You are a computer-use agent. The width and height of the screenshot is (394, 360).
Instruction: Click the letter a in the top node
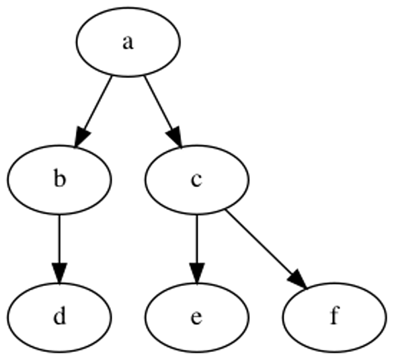(x=128, y=43)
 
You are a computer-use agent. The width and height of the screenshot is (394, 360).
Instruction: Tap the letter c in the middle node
(x=196, y=180)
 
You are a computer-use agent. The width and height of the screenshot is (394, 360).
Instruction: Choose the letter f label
(x=334, y=315)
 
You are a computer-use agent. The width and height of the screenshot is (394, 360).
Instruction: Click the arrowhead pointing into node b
(x=81, y=137)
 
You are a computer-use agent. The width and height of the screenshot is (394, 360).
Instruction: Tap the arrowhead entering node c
(x=175, y=137)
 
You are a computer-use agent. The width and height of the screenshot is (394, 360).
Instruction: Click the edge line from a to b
(x=97, y=104)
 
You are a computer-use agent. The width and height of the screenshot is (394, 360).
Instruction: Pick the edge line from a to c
(x=159, y=104)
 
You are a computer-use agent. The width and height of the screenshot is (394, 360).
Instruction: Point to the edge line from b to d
(x=59, y=239)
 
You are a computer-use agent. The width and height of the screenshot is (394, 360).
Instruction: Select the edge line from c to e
(x=197, y=239)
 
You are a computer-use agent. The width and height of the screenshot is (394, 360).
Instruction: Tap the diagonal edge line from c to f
(x=260, y=242)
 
